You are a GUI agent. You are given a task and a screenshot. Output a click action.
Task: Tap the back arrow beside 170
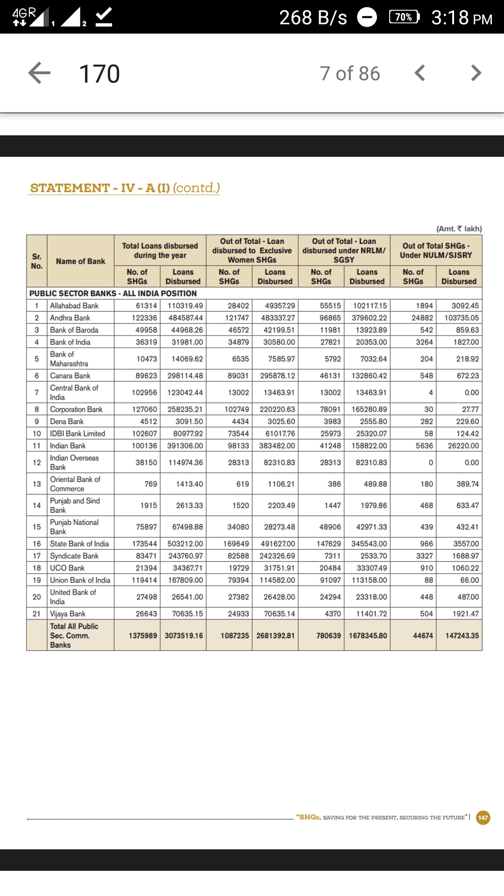[x=40, y=73]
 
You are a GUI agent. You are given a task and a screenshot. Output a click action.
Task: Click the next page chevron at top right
[x=476, y=73]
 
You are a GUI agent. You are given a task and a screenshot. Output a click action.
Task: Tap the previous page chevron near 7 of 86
[x=420, y=73]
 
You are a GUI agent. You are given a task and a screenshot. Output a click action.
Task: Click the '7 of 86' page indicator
[x=350, y=74]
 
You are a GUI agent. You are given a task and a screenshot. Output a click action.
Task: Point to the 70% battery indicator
[x=404, y=17]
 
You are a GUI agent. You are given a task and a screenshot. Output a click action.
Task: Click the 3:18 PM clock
[x=462, y=18]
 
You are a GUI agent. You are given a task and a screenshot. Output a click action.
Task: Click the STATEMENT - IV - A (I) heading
[x=124, y=188]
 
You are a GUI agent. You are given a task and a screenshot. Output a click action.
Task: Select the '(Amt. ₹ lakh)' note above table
[x=459, y=229]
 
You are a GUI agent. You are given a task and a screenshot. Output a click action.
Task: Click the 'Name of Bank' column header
[x=80, y=261]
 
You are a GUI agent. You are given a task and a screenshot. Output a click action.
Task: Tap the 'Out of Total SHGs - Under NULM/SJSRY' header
[x=436, y=251]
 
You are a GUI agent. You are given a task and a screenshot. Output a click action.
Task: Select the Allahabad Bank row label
[x=74, y=306]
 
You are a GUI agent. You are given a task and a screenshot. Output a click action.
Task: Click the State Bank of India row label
[x=79, y=544]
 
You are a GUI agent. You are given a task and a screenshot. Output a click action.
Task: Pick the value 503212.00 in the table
[x=185, y=544]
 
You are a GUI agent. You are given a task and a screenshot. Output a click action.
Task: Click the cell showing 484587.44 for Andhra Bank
[x=185, y=318]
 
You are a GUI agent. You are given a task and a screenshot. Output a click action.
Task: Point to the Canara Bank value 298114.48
[x=185, y=376]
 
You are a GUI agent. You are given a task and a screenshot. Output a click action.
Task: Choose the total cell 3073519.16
[x=184, y=636]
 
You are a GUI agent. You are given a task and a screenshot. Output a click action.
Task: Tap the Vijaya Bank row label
[x=68, y=614]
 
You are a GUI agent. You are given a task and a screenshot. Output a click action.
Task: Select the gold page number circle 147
[x=483, y=818]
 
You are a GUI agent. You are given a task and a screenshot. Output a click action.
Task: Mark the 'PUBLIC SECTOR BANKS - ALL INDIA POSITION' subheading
[x=113, y=294]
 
